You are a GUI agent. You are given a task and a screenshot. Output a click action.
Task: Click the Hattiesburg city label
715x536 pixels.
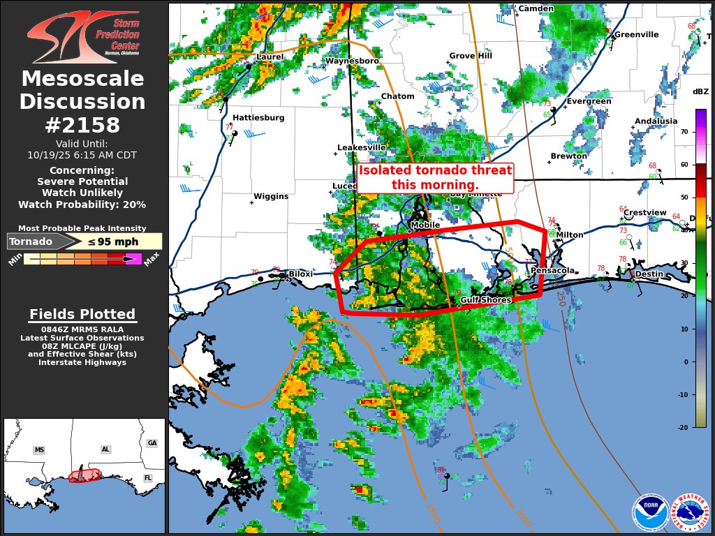pyautogui.click(x=258, y=118)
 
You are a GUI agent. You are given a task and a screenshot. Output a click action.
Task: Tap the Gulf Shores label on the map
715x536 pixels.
pyautogui.click(x=486, y=300)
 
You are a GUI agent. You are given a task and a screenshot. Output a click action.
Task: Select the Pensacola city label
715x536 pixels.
pyautogui.click(x=552, y=270)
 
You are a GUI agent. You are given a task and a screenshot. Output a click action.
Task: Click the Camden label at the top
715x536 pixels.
pyautogui.click(x=536, y=8)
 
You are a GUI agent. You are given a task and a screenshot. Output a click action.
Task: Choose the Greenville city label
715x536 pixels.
pyautogui.click(x=636, y=34)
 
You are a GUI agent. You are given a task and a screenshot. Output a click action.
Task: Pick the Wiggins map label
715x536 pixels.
pyautogui.click(x=271, y=197)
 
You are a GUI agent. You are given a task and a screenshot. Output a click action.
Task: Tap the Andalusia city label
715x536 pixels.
pyautogui.click(x=656, y=121)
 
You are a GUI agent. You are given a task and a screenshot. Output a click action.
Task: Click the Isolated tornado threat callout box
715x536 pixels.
pyautogui.click(x=435, y=178)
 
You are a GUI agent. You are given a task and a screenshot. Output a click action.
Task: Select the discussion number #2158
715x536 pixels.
pyautogui.click(x=82, y=125)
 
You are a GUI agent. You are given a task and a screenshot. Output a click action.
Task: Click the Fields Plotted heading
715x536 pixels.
pyautogui.click(x=82, y=314)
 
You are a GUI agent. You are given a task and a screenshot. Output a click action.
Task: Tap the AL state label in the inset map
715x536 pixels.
pyautogui.click(x=106, y=449)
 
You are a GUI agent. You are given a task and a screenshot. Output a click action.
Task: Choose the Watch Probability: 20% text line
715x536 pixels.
pyautogui.click(x=82, y=204)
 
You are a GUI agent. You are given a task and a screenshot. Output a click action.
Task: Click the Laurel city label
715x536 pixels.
pyautogui.click(x=270, y=57)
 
